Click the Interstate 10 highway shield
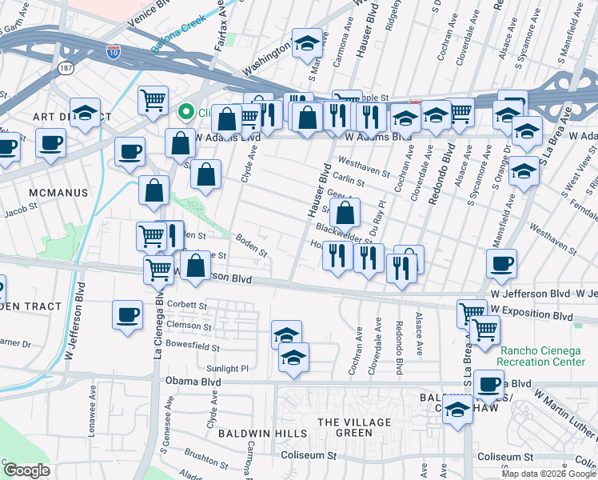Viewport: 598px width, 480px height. click(114, 53)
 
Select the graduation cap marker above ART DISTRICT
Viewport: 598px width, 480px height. click(85, 114)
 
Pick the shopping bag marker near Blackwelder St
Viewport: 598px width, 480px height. click(345, 214)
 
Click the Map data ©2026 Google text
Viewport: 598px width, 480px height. click(549, 474)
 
